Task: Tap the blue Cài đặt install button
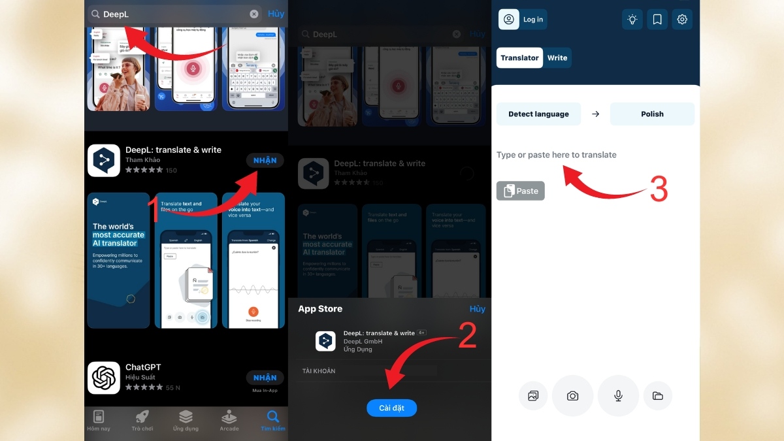(x=391, y=408)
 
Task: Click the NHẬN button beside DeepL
(x=265, y=161)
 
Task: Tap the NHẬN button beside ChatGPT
(x=265, y=378)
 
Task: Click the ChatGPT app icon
(x=104, y=378)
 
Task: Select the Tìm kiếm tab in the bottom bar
(x=272, y=420)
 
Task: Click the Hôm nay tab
(x=99, y=420)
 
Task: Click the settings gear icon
(x=682, y=20)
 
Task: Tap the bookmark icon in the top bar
(x=657, y=20)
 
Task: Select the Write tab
(x=557, y=57)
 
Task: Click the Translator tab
(x=519, y=57)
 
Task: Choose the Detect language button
(x=538, y=114)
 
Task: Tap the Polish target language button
(x=652, y=114)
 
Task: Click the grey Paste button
(x=520, y=191)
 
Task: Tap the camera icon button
(x=572, y=396)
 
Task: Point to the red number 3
(x=659, y=189)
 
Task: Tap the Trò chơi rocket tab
(x=142, y=420)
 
